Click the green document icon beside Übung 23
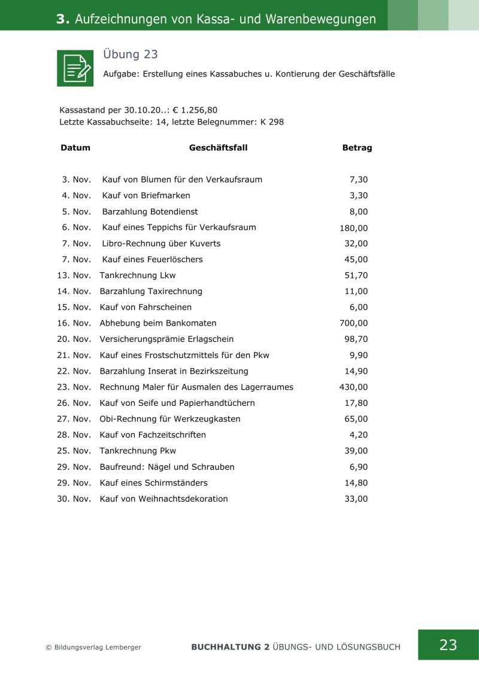point(75,68)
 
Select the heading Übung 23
point(131,54)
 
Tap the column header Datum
point(75,148)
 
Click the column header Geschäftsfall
point(218,148)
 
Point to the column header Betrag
point(357,148)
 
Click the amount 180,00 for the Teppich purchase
point(354,227)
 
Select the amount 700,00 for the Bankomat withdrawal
point(354,323)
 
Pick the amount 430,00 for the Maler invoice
point(354,387)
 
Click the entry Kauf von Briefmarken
point(146,196)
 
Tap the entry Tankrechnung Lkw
point(138,275)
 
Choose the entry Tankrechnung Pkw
point(138,451)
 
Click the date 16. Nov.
point(74,323)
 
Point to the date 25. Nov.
point(74,451)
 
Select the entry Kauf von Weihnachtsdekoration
point(163,499)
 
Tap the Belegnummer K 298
point(272,122)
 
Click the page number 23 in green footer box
point(448,645)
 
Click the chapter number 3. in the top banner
point(63,19)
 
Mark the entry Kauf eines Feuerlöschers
point(153,259)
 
